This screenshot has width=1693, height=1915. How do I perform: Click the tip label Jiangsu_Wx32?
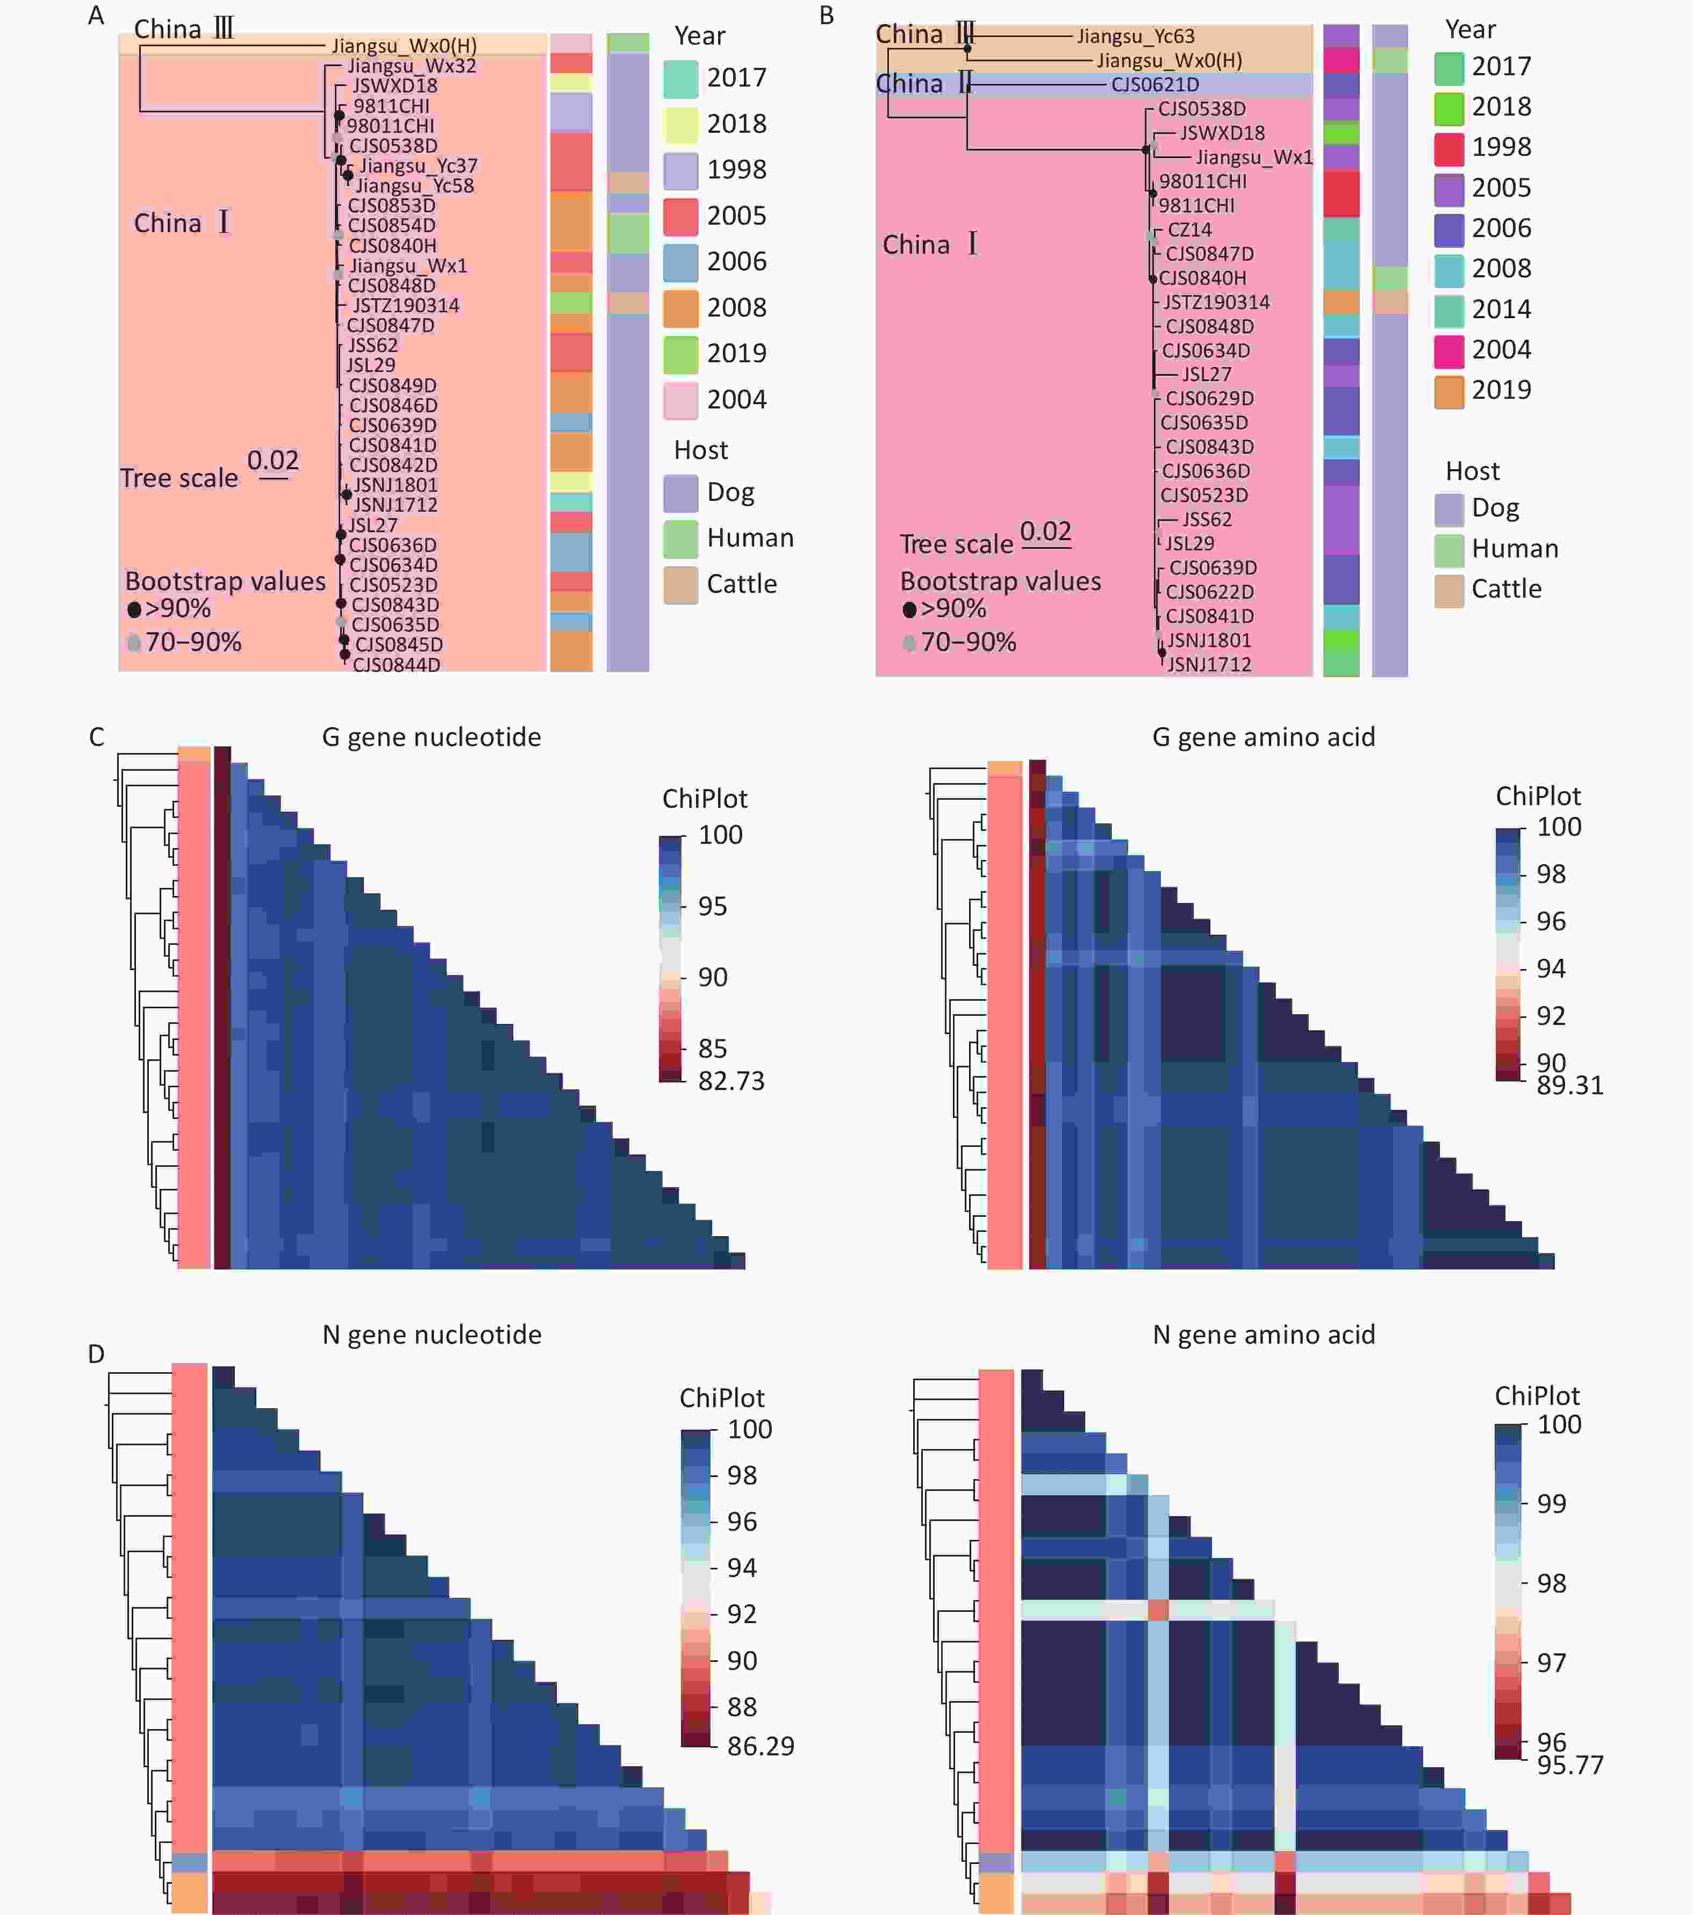click(411, 66)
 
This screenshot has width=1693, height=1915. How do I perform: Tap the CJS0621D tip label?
click(1154, 84)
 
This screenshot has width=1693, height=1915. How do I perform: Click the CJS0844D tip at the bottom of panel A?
click(396, 664)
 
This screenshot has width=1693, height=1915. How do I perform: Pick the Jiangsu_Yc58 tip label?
click(414, 185)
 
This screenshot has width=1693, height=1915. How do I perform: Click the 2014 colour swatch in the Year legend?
click(1448, 309)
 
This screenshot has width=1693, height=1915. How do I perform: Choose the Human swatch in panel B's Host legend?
click(1448, 549)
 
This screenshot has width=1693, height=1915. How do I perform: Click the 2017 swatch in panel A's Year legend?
click(680, 78)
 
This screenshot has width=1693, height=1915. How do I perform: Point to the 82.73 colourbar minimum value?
click(731, 1081)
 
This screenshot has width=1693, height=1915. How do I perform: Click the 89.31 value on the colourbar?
click(1569, 1085)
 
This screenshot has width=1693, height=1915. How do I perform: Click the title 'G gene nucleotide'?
click(431, 737)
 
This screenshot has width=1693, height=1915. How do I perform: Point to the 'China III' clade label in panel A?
click(184, 29)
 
